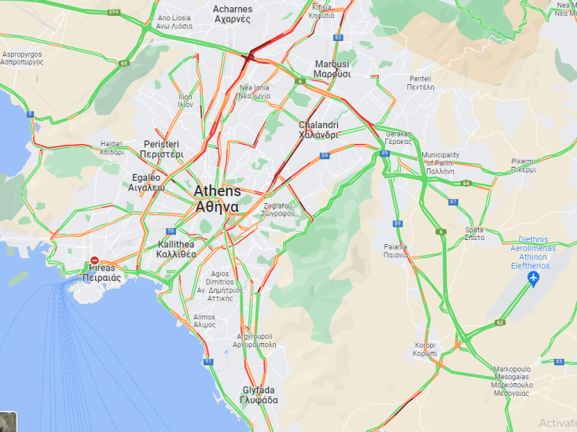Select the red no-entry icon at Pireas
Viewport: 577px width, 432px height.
[x=94, y=260]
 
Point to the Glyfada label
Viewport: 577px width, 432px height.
[x=259, y=395]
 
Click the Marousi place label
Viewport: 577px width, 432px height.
[x=332, y=68]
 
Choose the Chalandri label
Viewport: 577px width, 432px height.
[x=318, y=129]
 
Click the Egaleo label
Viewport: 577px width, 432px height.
[x=146, y=183]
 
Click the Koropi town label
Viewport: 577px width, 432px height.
[x=425, y=349]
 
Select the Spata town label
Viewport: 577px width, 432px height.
[x=474, y=233]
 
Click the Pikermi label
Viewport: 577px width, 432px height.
[x=523, y=164]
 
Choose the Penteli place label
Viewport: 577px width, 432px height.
[x=420, y=83]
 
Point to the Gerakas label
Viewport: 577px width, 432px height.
[x=399, y=137]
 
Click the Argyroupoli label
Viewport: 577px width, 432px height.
[x=256, y=340]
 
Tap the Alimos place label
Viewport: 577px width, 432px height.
[x=204, y=320]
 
